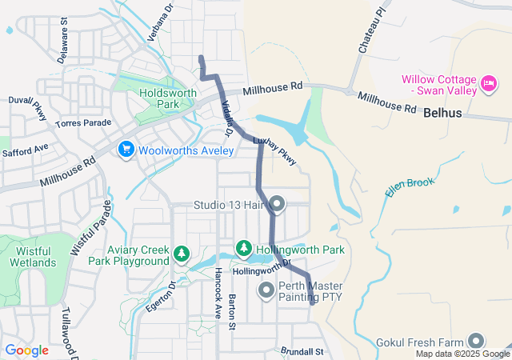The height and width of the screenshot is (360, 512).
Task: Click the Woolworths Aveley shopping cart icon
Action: click(126, 149)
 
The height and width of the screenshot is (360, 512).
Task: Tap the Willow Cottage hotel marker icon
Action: click(488, 82)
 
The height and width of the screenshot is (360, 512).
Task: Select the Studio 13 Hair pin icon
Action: click(278, 205)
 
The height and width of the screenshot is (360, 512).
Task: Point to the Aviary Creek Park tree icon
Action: click(182, 254)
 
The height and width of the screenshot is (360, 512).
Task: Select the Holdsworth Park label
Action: click(158, 98)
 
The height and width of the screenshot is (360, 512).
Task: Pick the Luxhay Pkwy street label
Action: click(274, 150)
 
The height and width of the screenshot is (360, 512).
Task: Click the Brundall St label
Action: click(302, 351)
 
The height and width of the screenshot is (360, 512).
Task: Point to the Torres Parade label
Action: click(83, 123)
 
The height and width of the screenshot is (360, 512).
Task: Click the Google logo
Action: click(26, 350)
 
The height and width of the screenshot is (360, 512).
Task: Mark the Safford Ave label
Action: click(26, 150)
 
